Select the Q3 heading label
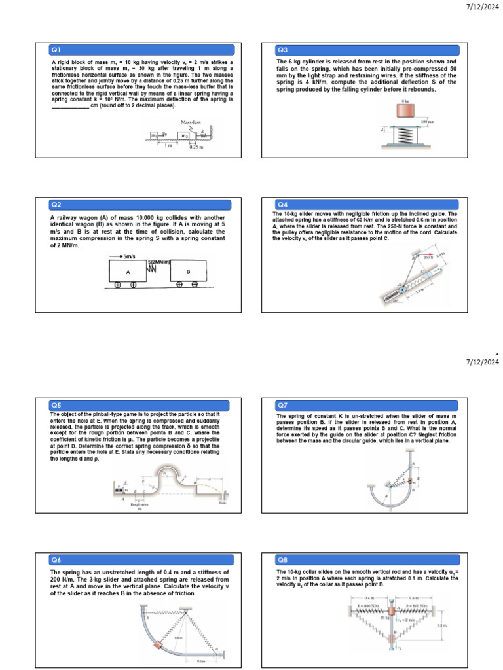[x=282, y=50]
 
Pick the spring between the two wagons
[x=157, y=268]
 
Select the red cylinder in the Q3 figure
[x=405, y=112]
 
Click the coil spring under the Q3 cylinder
[x=405, y=133]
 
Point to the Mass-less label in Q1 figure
[x=191, y=122]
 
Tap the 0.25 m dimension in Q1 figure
[x=196, y=147]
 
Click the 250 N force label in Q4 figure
[x=429, y=257]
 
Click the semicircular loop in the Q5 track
[x=164, y=476]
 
